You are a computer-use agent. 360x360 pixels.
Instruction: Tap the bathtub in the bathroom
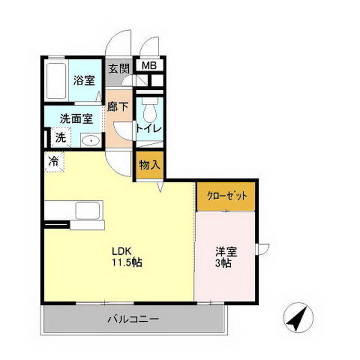coord(57,82)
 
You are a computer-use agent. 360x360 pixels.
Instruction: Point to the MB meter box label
coord(148,65)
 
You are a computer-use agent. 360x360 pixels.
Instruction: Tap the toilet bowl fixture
coord(149,113)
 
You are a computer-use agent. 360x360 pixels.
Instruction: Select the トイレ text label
coord(149,129)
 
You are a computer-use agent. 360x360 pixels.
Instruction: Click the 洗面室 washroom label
coord(76,119)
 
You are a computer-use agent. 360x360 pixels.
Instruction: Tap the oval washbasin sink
coord(89,141)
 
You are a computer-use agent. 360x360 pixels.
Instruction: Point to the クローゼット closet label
coord(227,197)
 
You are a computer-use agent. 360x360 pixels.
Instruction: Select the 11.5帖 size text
coord(126,262)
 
